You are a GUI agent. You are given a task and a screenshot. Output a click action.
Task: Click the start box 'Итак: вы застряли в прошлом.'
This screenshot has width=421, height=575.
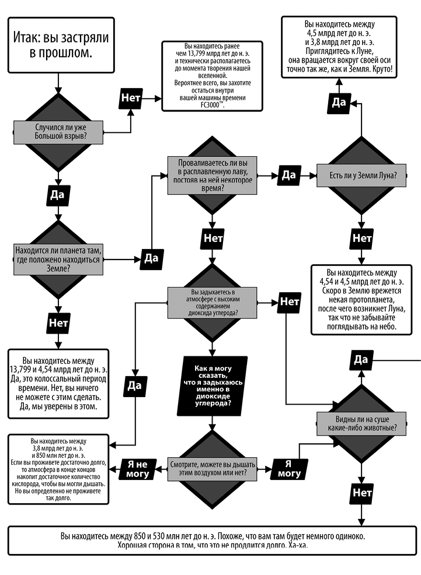click(60, 44)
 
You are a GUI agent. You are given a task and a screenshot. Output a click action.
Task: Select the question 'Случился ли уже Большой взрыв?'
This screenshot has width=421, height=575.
click(57, 131)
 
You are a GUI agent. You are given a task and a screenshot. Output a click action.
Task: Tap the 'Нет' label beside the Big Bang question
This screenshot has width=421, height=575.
click(131, 97)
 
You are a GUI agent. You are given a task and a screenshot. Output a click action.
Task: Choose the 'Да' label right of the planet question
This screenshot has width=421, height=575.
click(151, 258)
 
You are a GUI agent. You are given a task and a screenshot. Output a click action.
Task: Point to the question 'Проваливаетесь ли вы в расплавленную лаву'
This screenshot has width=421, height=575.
click(211, 174)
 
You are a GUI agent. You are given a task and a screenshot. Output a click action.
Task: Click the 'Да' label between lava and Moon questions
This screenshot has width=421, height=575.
click(288, 174)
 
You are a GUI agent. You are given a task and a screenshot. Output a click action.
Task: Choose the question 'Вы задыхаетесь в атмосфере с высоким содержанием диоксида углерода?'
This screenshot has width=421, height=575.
click(212, 302)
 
